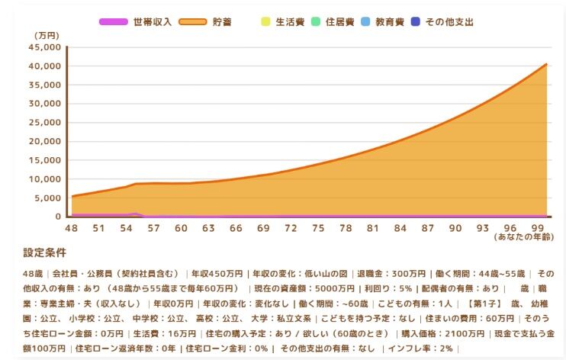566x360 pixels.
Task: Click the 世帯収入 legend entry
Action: coord(137,22)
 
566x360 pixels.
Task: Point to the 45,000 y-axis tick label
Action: coord(44,47)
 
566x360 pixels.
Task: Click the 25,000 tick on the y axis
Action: coord(44,123)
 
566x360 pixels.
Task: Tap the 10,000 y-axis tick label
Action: coord(44,179)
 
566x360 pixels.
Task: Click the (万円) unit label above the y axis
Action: coord(47,35)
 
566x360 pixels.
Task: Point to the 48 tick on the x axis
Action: coord(72,228)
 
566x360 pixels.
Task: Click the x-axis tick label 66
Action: coord(236,228)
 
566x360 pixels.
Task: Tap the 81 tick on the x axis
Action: coord(373,228)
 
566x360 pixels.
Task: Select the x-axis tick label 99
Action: coord(538,228)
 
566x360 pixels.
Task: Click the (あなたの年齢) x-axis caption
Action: coord(525,238)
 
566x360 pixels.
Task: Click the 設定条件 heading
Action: coord(45,252)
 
